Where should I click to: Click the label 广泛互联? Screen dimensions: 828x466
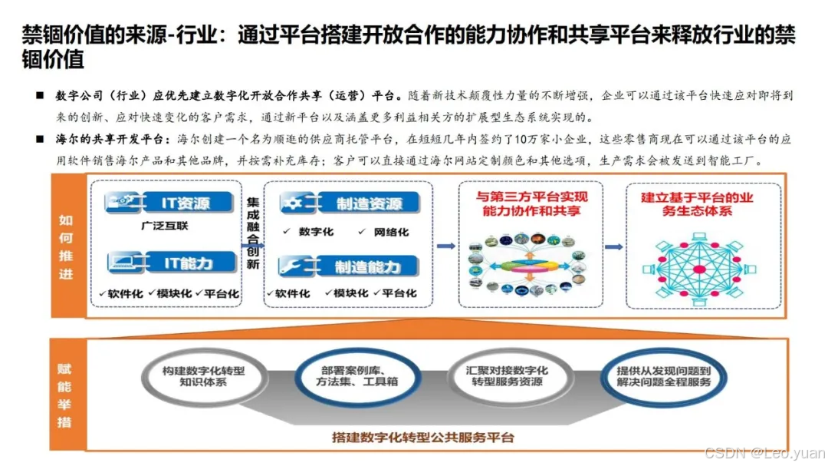(164, 226)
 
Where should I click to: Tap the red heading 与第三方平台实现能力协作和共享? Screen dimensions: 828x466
(531, 203)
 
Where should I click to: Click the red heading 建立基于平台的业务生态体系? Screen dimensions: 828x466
(697, 203)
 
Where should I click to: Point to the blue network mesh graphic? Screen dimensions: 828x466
(698, 266)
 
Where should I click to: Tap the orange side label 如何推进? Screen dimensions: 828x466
(66, 246)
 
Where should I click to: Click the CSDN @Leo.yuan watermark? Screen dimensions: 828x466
(765, 453)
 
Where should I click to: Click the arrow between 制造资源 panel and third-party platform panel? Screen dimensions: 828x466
(445, 246)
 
